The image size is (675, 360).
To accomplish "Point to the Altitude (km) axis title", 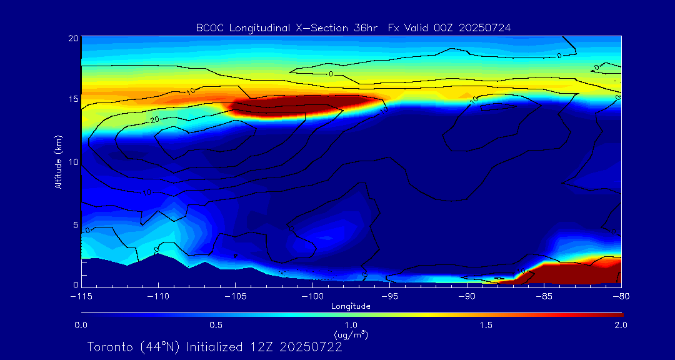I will coord(59,161).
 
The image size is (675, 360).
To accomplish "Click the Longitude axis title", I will coord(351,306).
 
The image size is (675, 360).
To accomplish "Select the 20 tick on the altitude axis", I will coord(72,38).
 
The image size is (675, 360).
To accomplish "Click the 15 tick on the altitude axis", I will coord(72,100).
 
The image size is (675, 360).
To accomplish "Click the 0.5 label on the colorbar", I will coord(216,325).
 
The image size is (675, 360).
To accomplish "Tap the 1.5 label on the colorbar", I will coord(486,325).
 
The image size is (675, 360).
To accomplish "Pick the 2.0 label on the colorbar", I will coord(620,325).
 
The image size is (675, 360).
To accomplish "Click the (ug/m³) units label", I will coord(351,334).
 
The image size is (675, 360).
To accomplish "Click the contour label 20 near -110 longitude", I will coord(154,118).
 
